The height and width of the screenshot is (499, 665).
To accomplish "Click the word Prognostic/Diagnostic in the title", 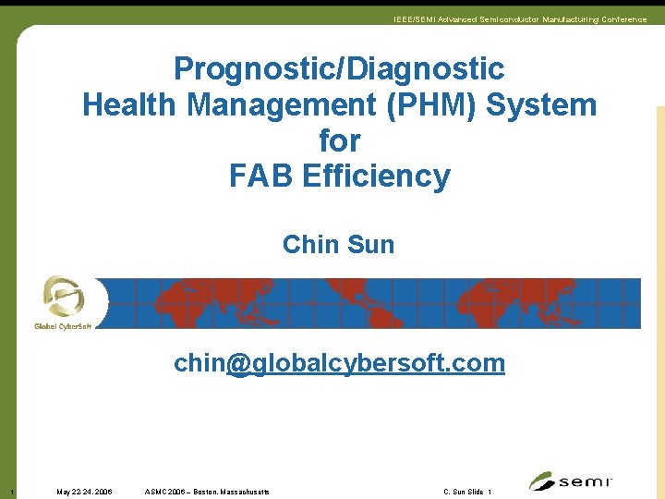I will pos(339,69).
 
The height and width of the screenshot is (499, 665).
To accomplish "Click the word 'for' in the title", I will pos(339,140).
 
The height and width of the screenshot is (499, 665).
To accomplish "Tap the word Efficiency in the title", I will pos(377,176).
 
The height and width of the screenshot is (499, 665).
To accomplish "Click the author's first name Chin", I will pos(310,245).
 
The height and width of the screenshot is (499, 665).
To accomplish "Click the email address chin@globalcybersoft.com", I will pos(339,363).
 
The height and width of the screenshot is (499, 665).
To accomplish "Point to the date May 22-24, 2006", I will pos(84,492).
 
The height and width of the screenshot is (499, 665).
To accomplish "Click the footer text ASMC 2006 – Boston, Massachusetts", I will pos(208,492).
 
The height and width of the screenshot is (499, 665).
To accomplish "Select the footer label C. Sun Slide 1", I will pos(467,492).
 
